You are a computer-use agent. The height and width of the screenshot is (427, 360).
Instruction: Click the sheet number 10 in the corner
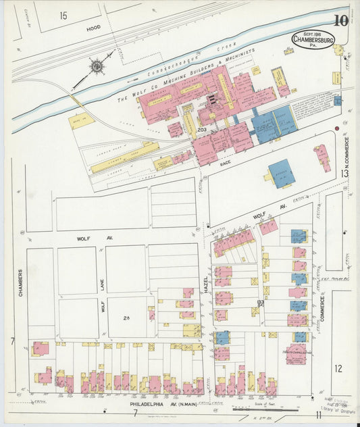(340, 20)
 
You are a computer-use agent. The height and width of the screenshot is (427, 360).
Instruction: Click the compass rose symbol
(97, 66)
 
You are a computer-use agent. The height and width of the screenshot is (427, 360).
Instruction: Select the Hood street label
(94, 29)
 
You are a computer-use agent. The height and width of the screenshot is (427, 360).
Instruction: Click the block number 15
(63, 15)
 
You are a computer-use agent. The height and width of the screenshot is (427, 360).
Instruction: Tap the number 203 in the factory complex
(201, 129)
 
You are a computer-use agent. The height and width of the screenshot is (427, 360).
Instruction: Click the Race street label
(226, 163)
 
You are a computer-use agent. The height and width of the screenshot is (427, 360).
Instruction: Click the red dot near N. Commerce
(336, 128)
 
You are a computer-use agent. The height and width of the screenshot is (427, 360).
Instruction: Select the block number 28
(126, 317)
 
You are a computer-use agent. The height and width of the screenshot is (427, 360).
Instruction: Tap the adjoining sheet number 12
(338, 368)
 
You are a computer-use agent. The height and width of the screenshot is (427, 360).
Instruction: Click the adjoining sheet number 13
(344, 174)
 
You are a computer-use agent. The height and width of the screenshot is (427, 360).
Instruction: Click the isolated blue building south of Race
(281, 174)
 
